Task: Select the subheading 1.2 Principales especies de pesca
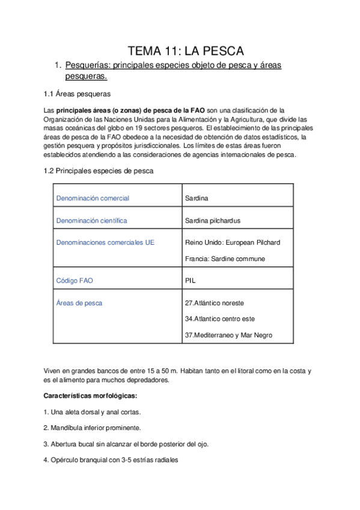(x=99, y=171)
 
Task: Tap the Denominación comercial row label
(x=93, y=198)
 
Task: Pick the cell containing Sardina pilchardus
(x=213, y=221)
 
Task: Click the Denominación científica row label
(x=91, y=221)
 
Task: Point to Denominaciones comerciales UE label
(x=105, y=242)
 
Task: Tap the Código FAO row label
(x=75, y=281)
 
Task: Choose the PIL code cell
(x=192, y=281)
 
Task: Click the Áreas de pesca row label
(x=79, y=303)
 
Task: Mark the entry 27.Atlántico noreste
(x=215, y=303)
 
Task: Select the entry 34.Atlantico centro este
(x=220, y=319)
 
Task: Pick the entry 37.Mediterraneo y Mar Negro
(x=231, y=336)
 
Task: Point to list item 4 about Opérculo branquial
(x=111, y=460)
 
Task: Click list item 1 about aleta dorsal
(x=93, y=412)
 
